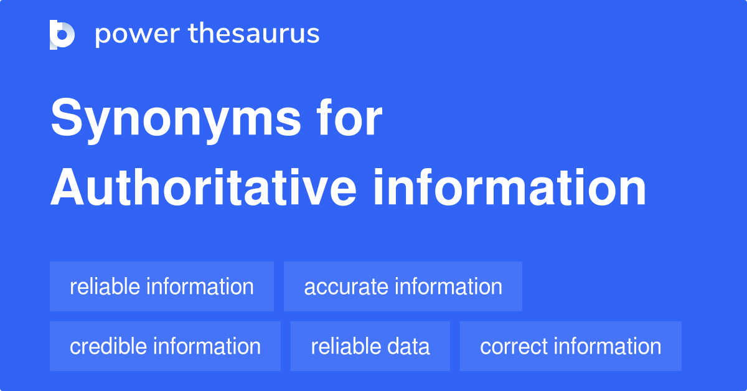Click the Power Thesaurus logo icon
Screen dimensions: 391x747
click(x=62, y=34)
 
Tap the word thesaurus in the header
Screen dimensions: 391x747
click(x=254, y=34)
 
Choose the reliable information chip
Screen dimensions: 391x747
click(x=162, y=286)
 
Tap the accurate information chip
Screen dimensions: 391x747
click(x=403, y=286)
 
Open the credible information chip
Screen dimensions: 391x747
click(x=165, y=346)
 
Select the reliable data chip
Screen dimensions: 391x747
click(x=370, y=346)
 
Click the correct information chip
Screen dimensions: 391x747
click(x=570, y=346)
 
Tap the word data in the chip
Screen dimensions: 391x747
click(x=408, y=346)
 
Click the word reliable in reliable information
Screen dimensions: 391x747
click(x=105, y=286)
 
